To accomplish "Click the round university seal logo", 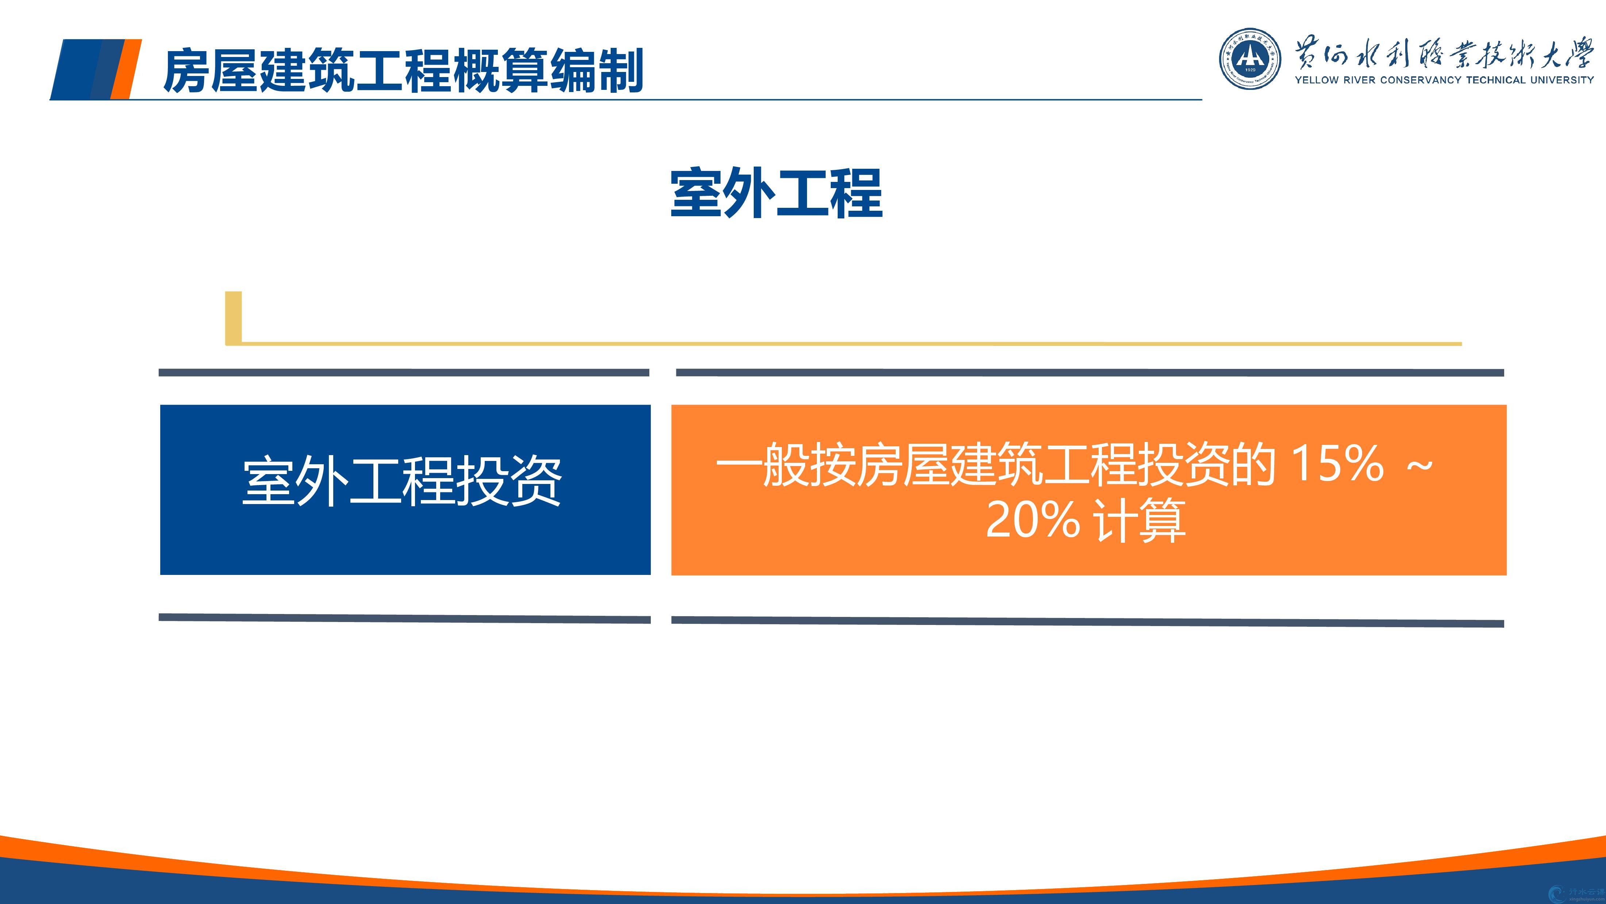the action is tap(1250, 58).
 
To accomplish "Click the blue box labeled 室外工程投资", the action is tap(405, 490).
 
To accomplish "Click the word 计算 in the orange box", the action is tap(1140, 520).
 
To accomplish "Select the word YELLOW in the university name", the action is tap(1316, 80).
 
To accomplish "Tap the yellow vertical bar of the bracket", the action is tap(233, 317).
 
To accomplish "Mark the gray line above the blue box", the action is tap(404, 373).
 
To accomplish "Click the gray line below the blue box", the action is tap(405, 618).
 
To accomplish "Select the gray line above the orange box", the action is tap(1090, 373).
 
